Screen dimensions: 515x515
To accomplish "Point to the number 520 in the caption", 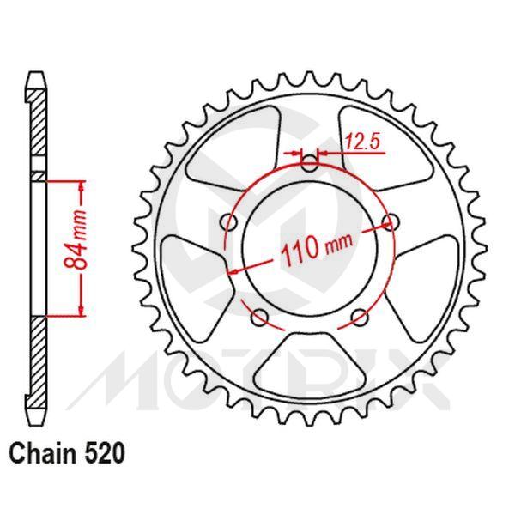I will [107, 452].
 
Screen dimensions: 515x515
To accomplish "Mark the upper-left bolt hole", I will [228, 223].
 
